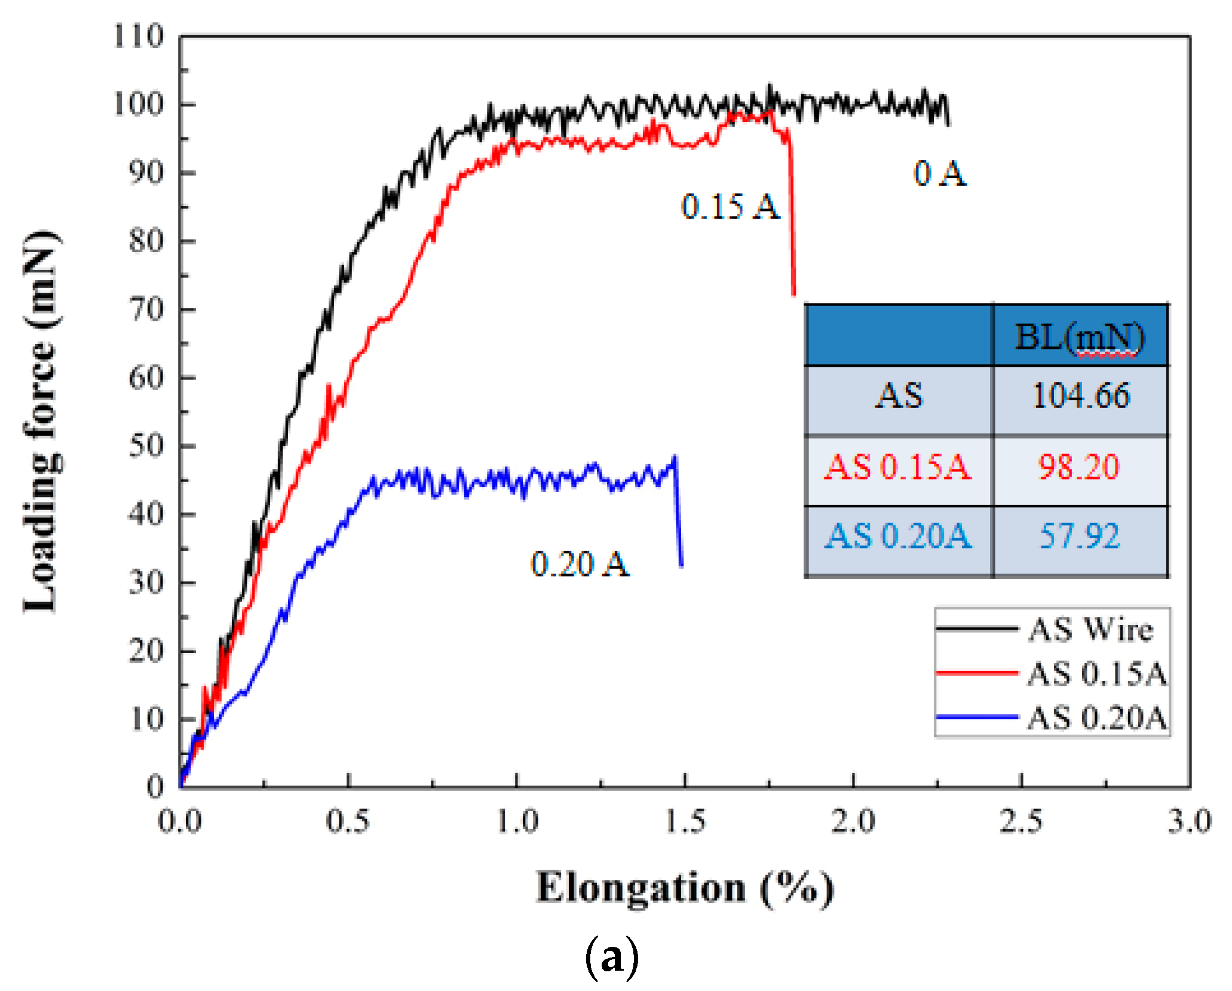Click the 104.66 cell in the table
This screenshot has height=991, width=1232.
click(1081, 396)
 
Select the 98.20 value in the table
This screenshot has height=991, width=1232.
click(1078, 467)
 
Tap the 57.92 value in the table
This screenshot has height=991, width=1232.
click(1080, 536)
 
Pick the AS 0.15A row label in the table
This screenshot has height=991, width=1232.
click(897, 467)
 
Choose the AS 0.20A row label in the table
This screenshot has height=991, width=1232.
click(897, 536)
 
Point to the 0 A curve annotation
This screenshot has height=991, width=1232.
click(939, 174)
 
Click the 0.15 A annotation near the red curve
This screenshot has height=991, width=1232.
click(730, 207)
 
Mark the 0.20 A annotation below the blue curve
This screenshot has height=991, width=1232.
click(580, 564)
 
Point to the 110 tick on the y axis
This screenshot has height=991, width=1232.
click(138, 36)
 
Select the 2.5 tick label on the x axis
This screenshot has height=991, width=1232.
click(1021, 821)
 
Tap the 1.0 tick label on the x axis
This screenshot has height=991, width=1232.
click(517, 821)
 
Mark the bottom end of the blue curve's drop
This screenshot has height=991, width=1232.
click(681, 565)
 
